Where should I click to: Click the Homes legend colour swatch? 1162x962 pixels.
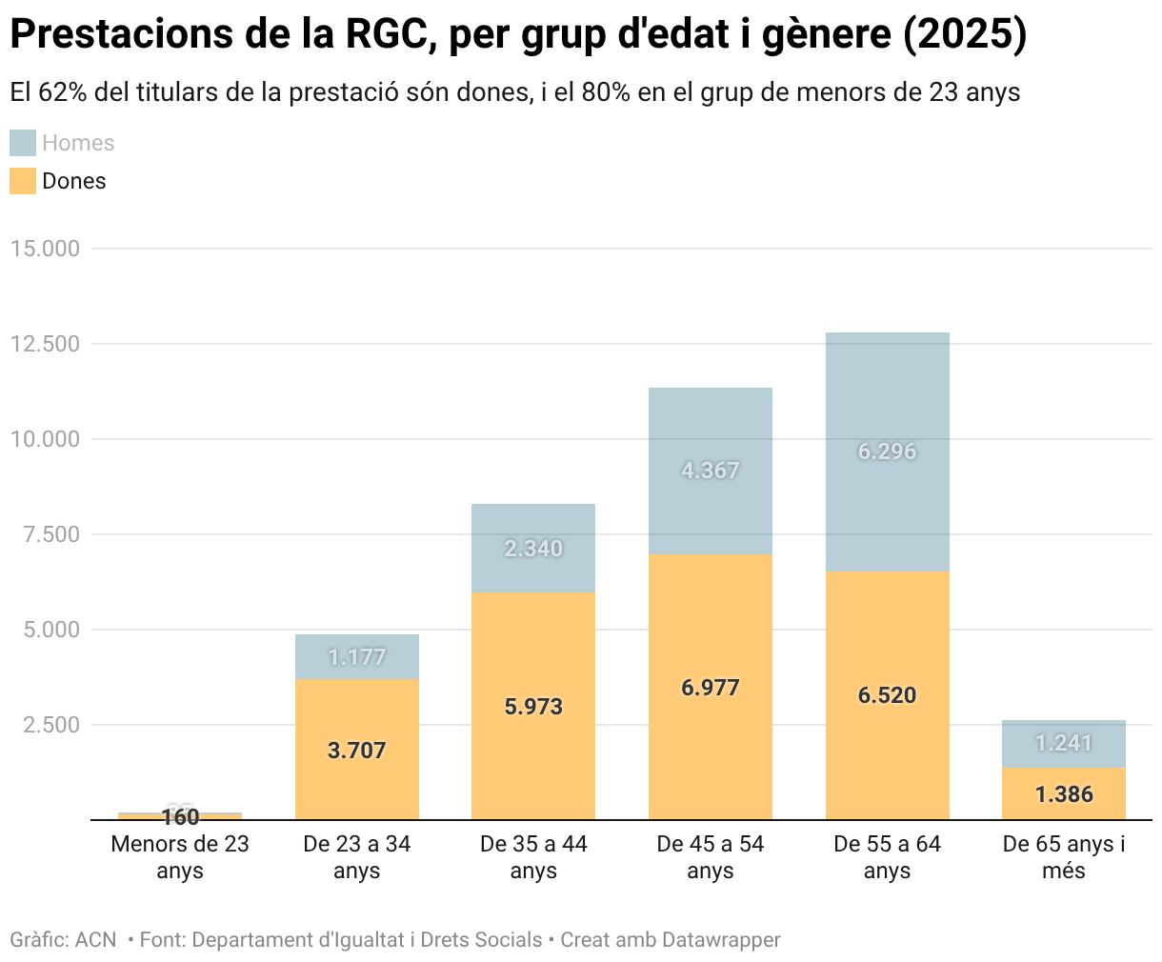[23, 143]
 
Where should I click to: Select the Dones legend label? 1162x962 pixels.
[74, 181]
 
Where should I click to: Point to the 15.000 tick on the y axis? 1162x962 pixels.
[45, 249]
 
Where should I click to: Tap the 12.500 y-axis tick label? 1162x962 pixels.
[45, 344]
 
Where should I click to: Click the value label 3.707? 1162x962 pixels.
[356, 751]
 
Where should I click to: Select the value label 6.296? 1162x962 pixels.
[887, 451]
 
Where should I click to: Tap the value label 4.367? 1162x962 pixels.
[711, 471]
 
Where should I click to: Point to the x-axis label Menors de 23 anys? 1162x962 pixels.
[179, 857]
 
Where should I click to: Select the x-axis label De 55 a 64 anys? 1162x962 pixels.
[887, 857]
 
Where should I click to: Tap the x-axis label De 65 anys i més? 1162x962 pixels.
[1063, 857]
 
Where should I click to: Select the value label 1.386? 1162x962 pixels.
[1063, 794]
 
